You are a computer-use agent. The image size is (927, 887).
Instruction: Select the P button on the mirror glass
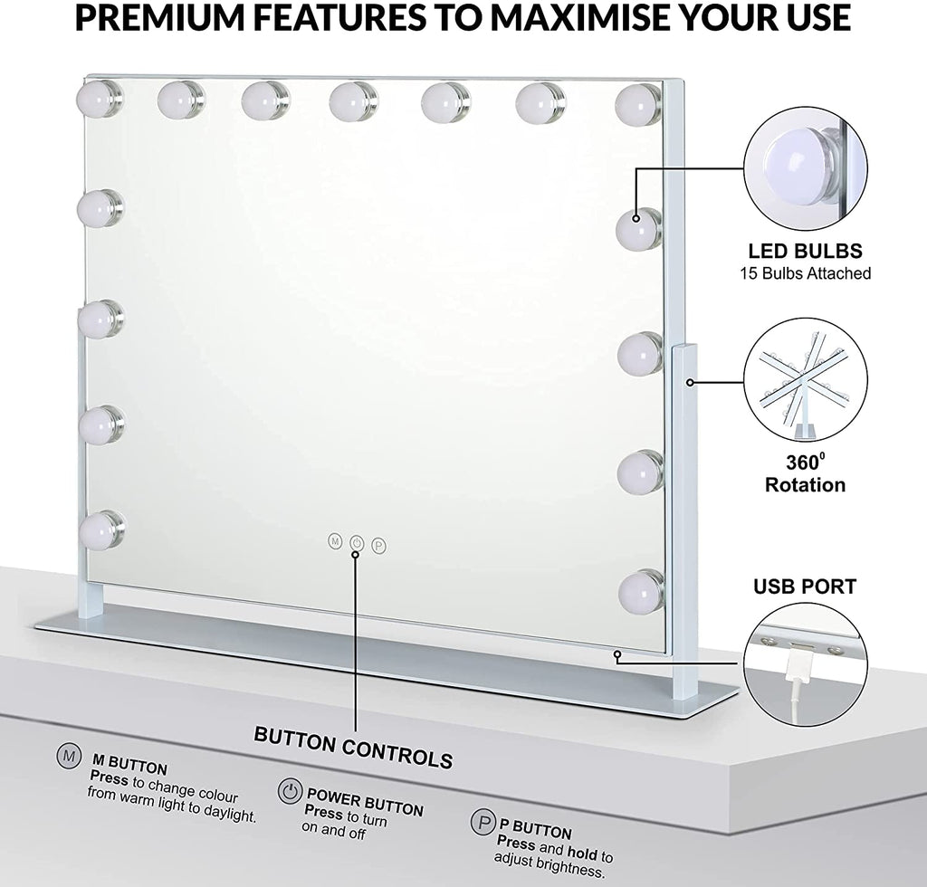coord(379,546)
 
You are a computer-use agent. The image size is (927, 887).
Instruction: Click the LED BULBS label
coord(805,251)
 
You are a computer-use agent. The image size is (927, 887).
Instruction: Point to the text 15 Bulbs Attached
coord(805,273)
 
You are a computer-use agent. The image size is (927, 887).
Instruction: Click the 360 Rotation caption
coord(805,472)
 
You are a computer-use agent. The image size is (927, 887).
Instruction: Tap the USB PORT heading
coord(805,587)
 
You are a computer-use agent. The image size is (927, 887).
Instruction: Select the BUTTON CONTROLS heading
coord(354,747)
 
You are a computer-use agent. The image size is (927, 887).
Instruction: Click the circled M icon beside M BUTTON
coord(69,756)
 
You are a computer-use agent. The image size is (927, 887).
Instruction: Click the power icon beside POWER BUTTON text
coord(290,791)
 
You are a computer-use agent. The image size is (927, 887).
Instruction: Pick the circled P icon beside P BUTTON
coord(483,822)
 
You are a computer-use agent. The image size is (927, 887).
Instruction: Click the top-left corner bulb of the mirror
coord(100,98)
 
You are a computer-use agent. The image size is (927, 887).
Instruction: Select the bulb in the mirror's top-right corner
coord(638,104)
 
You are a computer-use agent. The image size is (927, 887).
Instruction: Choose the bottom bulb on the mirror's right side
coord(642,591)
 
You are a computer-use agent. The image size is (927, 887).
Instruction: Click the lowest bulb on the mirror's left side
coord(101,529)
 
